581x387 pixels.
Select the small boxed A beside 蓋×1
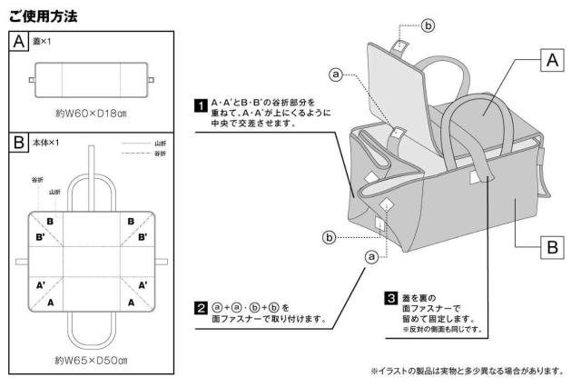[15, 42]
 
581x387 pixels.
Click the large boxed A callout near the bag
[547, 61]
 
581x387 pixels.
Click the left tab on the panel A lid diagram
[30, 79]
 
